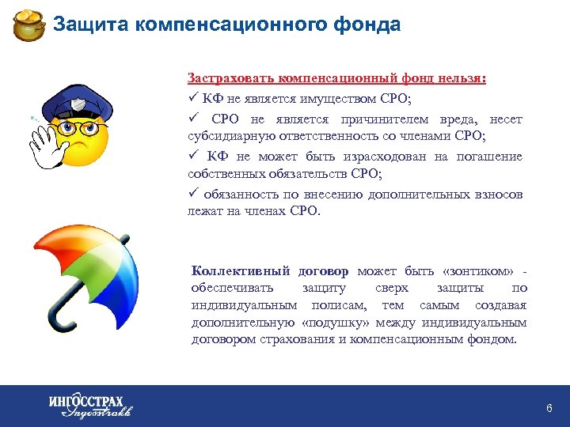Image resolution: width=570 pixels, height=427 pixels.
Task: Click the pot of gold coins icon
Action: pyautogui.click(x=29, y=25)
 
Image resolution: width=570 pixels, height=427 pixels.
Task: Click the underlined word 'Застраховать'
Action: pyautogui.click(x=225, y=79)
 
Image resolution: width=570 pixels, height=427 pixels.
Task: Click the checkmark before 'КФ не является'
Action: pyautogui.click(x=192, y=98)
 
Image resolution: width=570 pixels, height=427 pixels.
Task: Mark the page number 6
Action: pyautogui.click(x=549, y=408)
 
